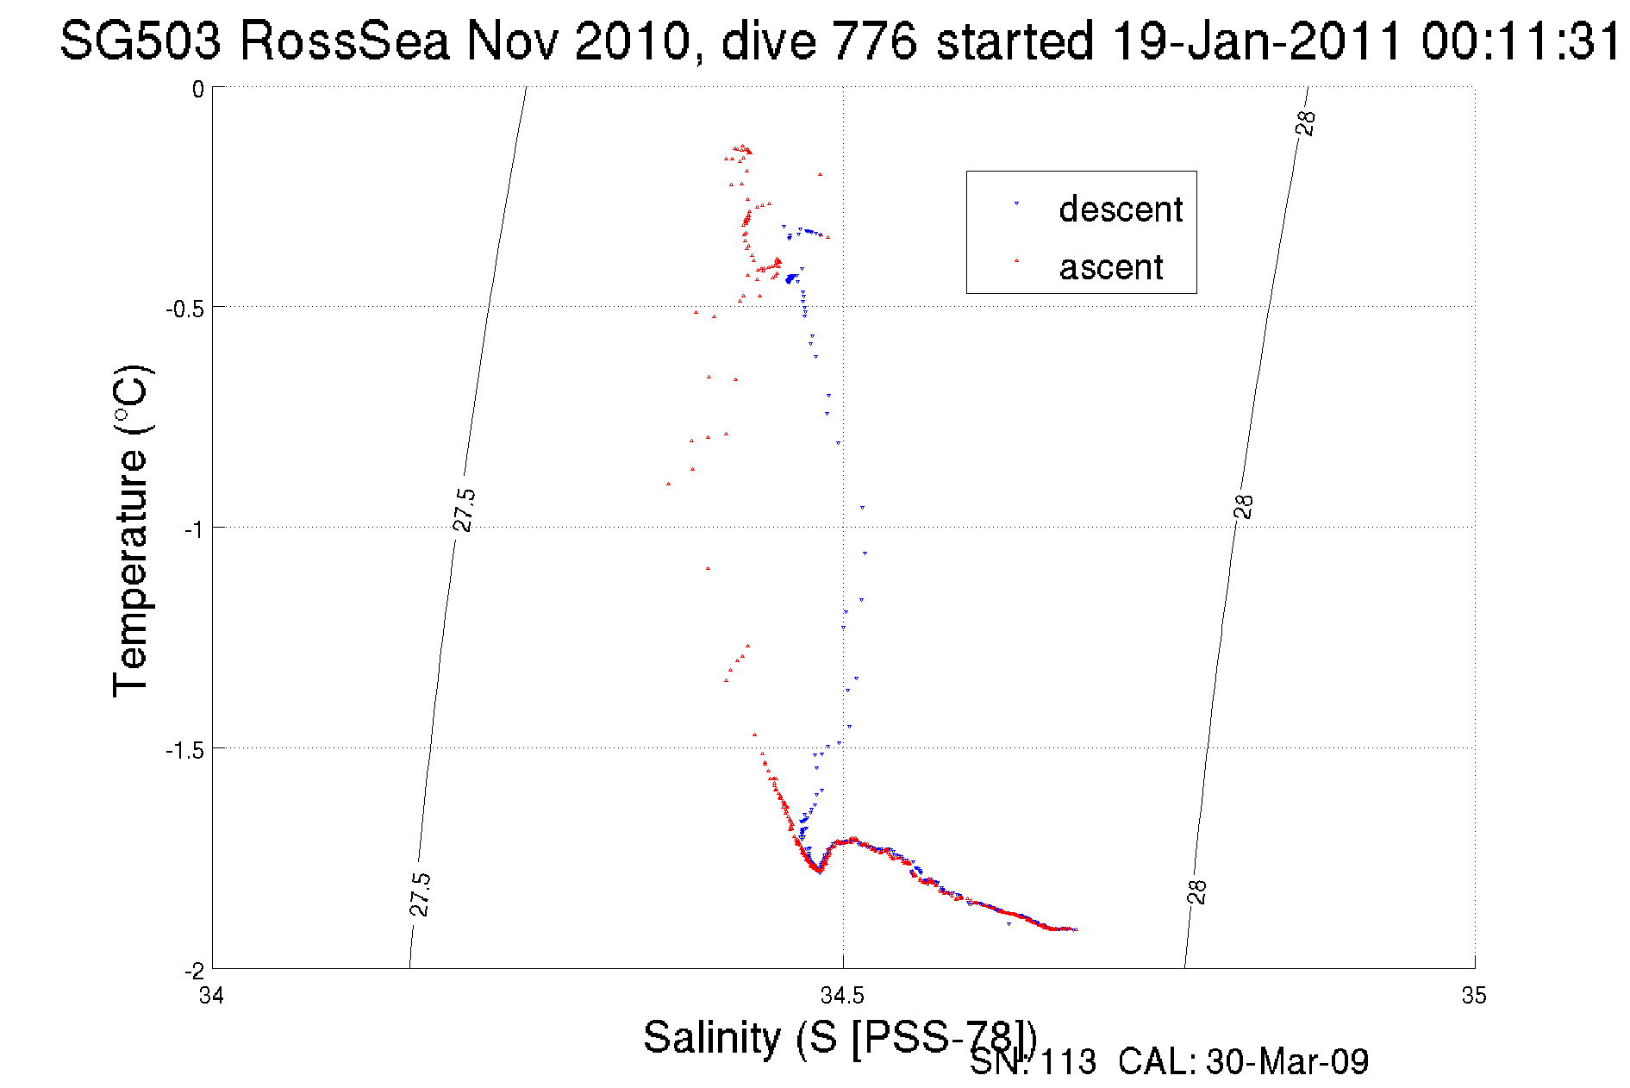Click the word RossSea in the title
point(344,41)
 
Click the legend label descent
point(1121,209)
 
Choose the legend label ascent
point(1111,267)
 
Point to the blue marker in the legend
point(1016,203)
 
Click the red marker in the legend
point(1016,259)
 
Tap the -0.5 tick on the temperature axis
point(184,309)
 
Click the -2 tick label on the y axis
point(193,971)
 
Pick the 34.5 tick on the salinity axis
point(842,996)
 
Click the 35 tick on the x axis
point(1473,996)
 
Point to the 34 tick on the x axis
point(211,996)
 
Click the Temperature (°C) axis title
point(132,530)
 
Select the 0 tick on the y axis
point(198,90)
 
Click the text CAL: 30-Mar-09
point(1243,1062)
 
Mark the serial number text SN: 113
point(1033,1062)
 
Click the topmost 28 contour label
point(1306,123)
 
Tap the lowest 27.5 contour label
point(420,894)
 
